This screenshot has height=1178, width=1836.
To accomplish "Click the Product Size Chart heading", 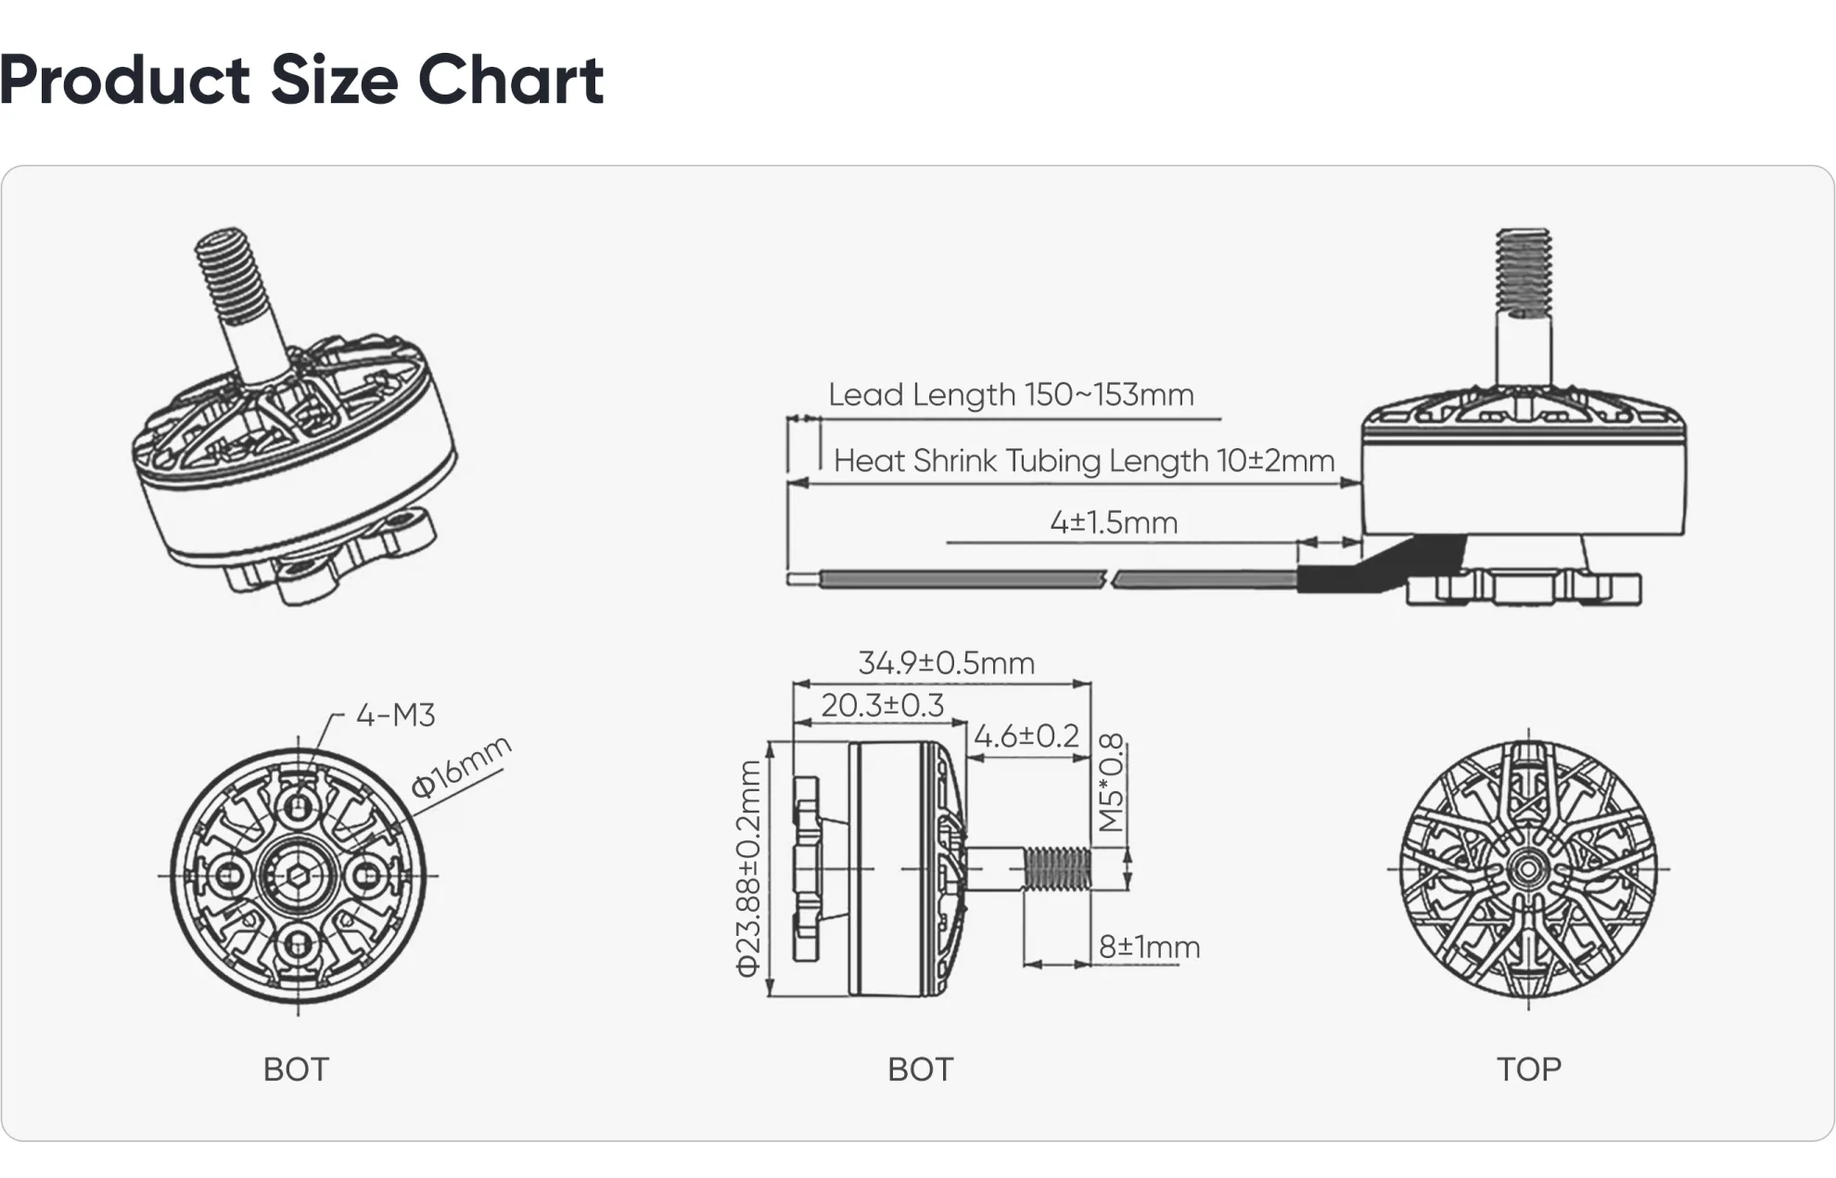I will (301, 80).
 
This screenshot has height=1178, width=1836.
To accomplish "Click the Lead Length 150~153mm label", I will (1011, 395).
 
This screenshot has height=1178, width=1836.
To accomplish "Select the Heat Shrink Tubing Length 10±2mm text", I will (1083, 461).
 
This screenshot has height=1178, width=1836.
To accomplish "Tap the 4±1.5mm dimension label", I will (1114, 522).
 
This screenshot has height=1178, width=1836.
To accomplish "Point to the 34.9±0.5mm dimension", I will (946, 663).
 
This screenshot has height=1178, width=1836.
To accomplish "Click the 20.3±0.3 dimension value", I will (882, 706).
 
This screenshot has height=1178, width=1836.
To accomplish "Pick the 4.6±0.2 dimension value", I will (1026, 736).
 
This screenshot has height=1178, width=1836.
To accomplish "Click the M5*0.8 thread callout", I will (1111, 782).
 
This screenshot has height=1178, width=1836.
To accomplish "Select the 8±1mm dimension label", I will (1149, 947).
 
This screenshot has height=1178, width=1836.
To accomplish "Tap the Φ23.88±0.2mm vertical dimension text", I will (748, 868).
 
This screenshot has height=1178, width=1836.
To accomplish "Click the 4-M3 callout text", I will (395, 715).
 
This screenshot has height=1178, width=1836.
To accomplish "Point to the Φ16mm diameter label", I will (461, 766).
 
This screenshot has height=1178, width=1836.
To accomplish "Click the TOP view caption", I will (1528, 1069).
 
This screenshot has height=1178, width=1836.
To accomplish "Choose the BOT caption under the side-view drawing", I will (920, 1069).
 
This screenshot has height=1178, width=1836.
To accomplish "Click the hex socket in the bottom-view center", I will (298, 875).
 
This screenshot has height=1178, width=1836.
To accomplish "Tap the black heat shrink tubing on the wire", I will (1335, 578).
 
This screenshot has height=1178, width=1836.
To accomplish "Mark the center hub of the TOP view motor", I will (1527, 869).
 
